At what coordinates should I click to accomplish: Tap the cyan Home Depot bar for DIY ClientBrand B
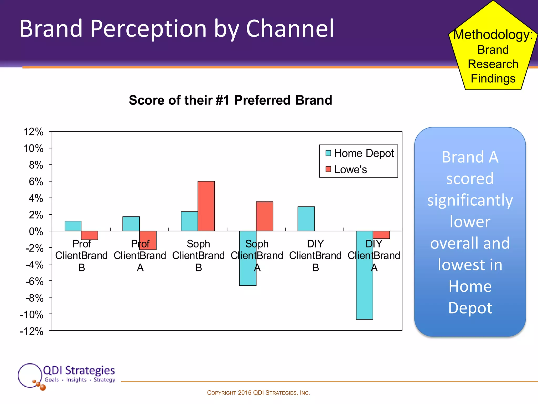click(306, 219)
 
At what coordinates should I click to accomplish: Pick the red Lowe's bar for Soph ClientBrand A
click(265, 216)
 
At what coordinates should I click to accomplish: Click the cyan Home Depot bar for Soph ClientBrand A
click(248, 276)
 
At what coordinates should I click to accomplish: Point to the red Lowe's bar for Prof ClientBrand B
click(90, 235)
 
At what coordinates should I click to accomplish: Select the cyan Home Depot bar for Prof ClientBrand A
click(131, 224)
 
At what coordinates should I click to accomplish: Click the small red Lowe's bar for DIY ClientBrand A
click(381, 235)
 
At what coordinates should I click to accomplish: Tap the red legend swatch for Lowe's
click(328, 169)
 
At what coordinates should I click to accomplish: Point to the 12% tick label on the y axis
click(34, 132)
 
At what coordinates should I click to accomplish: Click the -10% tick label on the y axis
click(32, 315)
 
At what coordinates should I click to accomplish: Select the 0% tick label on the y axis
click(36, 231)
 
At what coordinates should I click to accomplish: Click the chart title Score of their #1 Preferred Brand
click(230, 100)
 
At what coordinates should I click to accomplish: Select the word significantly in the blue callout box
click(470, 200)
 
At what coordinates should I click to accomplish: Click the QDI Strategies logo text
click(79, 370)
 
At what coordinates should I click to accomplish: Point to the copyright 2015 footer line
click(258, 393)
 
